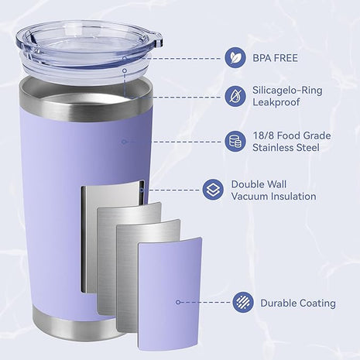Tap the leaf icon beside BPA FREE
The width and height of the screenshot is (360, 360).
coord(235,57)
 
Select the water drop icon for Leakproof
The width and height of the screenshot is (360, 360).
coord(235,96)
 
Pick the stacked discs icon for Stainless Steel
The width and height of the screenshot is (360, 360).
coord(235,142)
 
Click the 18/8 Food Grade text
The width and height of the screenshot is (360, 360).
coord(292,135)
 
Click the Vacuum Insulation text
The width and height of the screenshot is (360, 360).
coord(273,197)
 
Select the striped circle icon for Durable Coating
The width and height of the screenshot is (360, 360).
coord(242,302)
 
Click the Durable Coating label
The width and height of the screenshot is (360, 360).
coord(298,303)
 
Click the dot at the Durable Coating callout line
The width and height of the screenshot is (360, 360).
coord(178,303)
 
